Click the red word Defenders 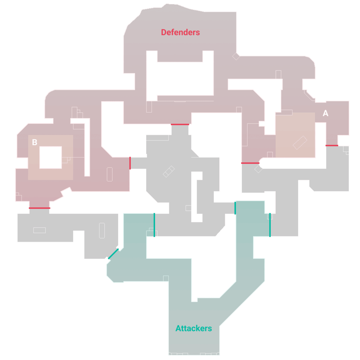click(180, 32)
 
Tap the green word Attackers click(194, 328)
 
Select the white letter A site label click(326, 113)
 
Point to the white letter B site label click(34, 142)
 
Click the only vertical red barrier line click(130, 163)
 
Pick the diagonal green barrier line click(113, 254)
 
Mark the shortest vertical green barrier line click(235, 208)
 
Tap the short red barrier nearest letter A click(332, 146)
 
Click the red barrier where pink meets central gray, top click(180, 124)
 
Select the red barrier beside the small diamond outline click(250, 163)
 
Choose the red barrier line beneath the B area click(39, 208)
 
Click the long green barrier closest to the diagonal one click(154, 225)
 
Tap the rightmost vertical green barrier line click(270, 225)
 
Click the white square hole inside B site click(51, 157)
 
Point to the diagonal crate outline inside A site click(300, 143)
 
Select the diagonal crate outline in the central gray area click(169, 172)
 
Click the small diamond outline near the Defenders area click(236, 56)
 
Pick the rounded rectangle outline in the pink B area click(110, 174)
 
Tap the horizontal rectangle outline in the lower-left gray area click(39, 230)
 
